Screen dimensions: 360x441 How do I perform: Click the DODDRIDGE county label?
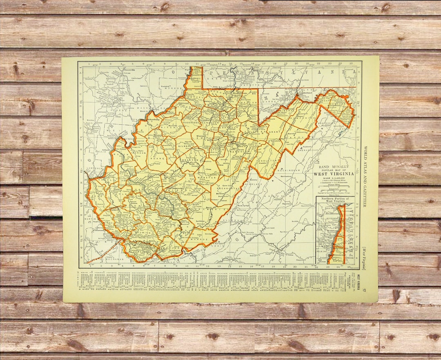191,122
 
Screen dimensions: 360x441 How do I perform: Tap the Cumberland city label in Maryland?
307,93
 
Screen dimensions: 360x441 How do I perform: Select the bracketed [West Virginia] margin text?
363,258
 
